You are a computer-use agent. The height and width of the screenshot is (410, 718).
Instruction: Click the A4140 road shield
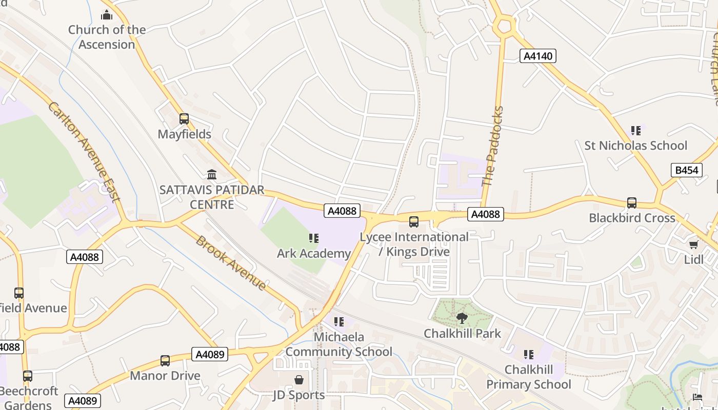(x=537, y=56)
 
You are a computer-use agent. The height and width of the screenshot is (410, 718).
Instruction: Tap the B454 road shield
(x=686, y=170)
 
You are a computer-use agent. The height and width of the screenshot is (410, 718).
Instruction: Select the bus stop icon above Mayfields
(x=184, y=119)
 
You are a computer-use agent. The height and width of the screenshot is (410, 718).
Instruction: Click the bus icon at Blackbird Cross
(x=632, y=203)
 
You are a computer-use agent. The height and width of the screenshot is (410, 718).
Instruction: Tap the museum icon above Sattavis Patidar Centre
(x=211, y=174)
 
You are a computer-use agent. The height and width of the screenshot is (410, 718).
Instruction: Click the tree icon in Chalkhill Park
(x=462, y=318)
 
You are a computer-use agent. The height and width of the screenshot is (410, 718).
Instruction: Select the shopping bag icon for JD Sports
(x=299, y=380)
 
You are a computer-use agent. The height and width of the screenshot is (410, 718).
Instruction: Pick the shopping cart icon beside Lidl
(x=694, y=244)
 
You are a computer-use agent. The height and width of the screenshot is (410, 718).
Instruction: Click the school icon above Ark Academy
(x=313, y=238)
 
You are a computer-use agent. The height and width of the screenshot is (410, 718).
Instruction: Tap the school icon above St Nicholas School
(x=636, y=130)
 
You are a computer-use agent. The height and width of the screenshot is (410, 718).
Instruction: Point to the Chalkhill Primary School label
(x=529, y=377)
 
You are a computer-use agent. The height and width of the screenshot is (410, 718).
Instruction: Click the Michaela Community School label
(x=338, y=344)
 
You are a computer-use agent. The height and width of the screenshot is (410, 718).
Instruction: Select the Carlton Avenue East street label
(x=84, y=151)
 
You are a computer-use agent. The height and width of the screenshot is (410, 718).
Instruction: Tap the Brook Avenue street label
(x=231, y=263)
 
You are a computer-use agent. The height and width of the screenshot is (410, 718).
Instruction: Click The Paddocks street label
(x=493, y=146)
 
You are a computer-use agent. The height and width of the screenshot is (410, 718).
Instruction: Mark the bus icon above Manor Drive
(x=165, y=360)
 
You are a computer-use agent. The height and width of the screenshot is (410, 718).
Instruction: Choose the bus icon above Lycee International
(x=413, y=222)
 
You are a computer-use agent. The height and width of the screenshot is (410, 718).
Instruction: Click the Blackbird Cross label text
(x=632, y=218)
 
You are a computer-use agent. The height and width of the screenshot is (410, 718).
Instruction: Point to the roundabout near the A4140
(x=504, y=26)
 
